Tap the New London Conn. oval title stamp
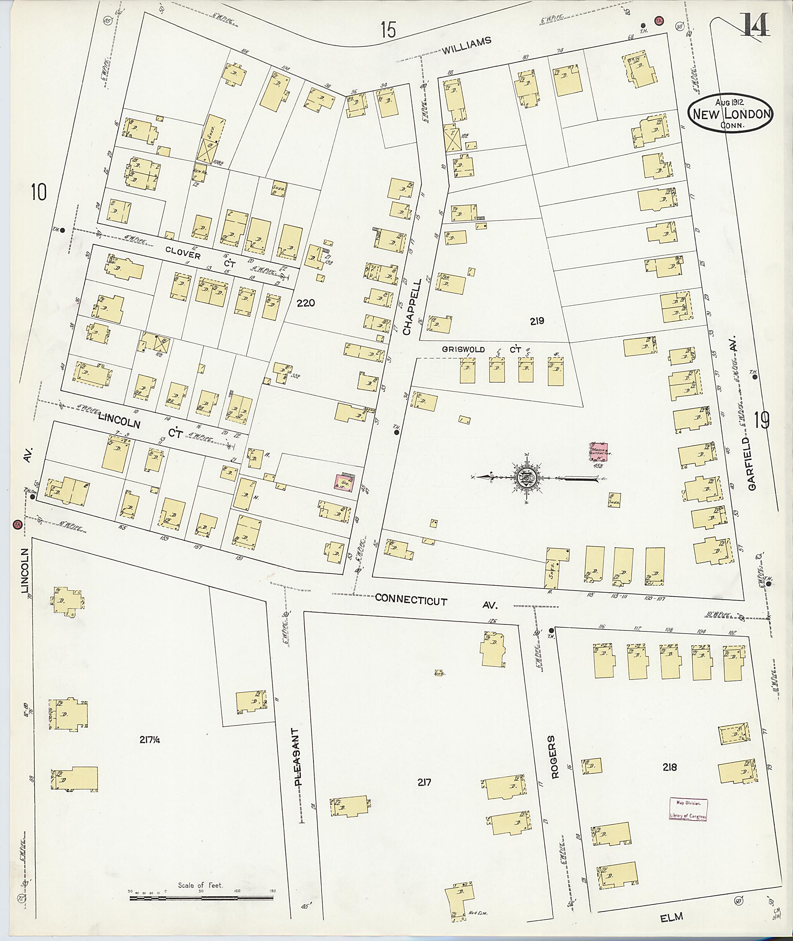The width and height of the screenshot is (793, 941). pyautogui.click(x=731, y=114)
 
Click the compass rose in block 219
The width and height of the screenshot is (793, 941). pyautogui.click(x=525, y=477)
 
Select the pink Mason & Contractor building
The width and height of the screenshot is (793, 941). pyautogui.click(x=599, y=452)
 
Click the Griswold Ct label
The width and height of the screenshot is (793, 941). pyautogui.click(x=481, y=349)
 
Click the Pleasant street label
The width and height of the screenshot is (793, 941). pyautogui.click(x=297, y=757)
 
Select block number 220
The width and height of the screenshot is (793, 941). pyautogui.click(x=306, y=303)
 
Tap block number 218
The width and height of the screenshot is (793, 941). pyautogui.click(x=669, y=767)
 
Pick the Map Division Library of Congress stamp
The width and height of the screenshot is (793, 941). pyautogui.click(x=688, y=810)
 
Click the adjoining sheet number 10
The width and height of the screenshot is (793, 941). pyautogui.click(x=39, y=193)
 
